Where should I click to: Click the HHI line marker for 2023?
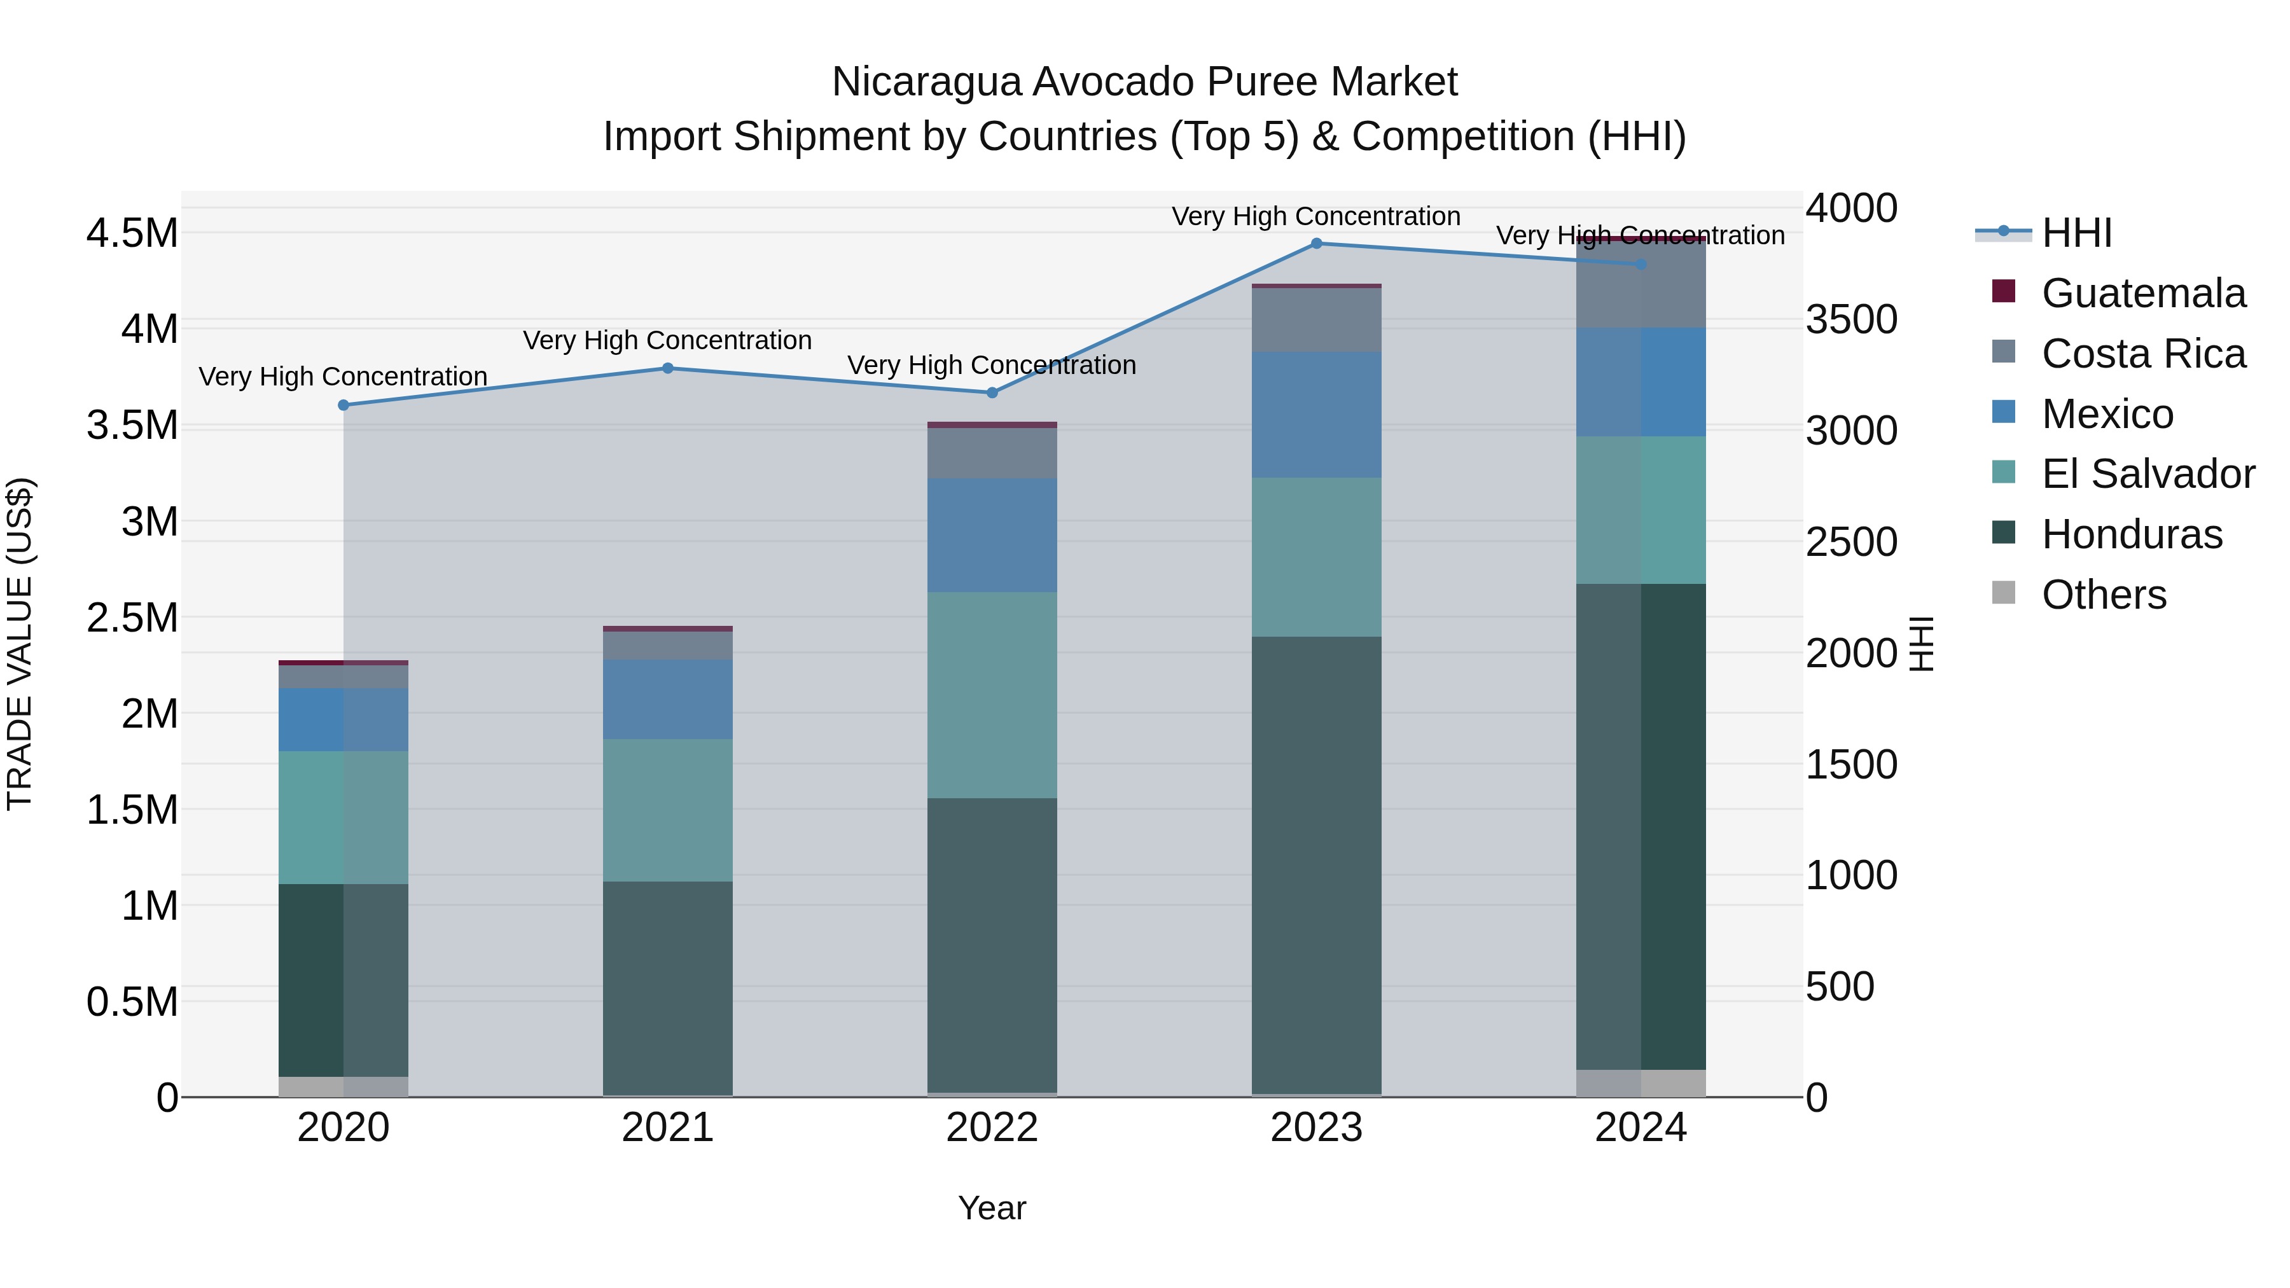coord(1317,244)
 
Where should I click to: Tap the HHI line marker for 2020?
coord(344,405)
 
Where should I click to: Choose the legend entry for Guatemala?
coord(2142,293)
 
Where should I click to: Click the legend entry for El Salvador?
coord(2147,474)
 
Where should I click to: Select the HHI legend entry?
coord(2076,233)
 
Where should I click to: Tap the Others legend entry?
coord(2104,595)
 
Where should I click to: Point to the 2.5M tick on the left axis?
coord(132,618)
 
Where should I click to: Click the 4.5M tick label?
coord(132,234)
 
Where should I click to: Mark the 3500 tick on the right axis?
coord(1851,320)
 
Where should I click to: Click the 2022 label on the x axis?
coord(992,1128)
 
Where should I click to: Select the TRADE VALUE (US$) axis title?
coord(20,644)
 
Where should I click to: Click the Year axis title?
coord(992,1208)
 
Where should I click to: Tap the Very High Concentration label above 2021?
coord(668,340)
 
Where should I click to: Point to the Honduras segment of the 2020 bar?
coord(344,980)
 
